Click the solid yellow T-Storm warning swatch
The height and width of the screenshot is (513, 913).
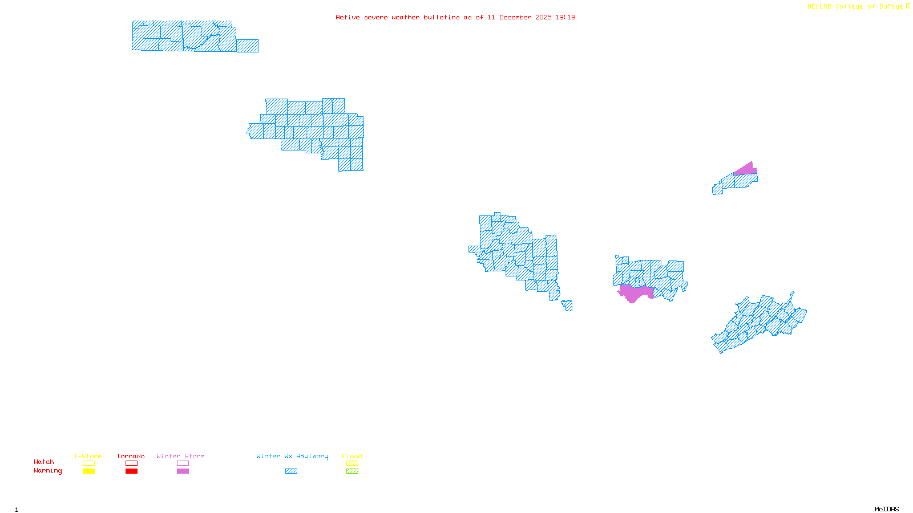(x=88, y=471)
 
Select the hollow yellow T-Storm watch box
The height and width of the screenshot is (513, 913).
(x=88, y=463)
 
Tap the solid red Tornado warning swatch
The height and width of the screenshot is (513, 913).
(x=131, y=471)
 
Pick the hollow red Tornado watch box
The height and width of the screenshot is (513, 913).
(x=131, y=463)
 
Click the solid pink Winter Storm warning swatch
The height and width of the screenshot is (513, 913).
(x=183, y=471)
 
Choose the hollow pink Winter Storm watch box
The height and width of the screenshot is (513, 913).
(x=183, y=463)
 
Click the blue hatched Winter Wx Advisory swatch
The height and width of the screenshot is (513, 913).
(x=291, y=471)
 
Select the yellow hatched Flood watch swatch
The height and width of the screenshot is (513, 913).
(x=352, y=463)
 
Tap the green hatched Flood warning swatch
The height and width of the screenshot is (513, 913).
(x=352, y=471)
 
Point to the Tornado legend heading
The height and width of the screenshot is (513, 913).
(x=131, y=456)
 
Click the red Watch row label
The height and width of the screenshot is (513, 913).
(x=44, y=462)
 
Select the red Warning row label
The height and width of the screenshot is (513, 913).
(x=47, y=471)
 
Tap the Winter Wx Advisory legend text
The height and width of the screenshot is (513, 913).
(x=292, y=456)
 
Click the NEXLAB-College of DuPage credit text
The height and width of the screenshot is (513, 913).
(x=855, y=7)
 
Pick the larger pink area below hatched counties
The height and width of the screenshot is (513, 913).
(x=633, y=292)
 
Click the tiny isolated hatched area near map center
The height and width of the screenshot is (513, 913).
(x=568, y=306)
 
